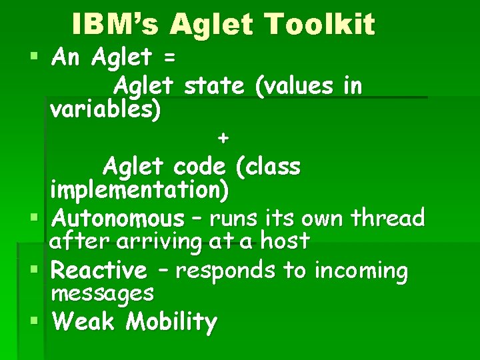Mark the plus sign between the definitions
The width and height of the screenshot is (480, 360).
[223, 138]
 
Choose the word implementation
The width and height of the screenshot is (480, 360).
[139, 190]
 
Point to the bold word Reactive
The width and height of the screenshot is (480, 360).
[99, 271]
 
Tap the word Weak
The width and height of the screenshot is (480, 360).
[84, 322]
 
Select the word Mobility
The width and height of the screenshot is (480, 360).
[172, 323]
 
